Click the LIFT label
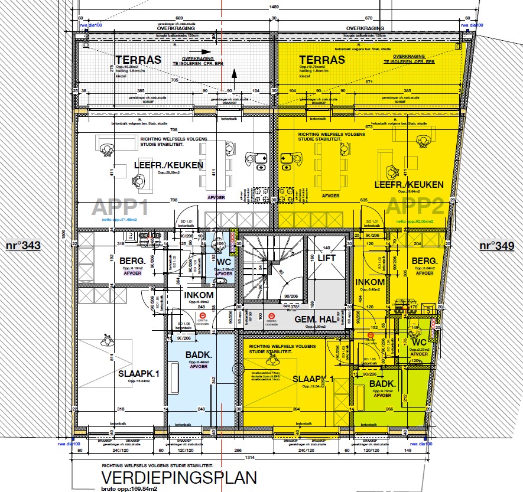click(326, 258)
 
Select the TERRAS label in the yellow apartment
click(322, 60)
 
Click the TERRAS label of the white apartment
click(138, 60)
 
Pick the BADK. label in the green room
click(382, 383)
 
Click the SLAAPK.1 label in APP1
click(139, 374)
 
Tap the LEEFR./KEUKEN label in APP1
click(168, 165)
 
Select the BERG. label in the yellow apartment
click(424, 260)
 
